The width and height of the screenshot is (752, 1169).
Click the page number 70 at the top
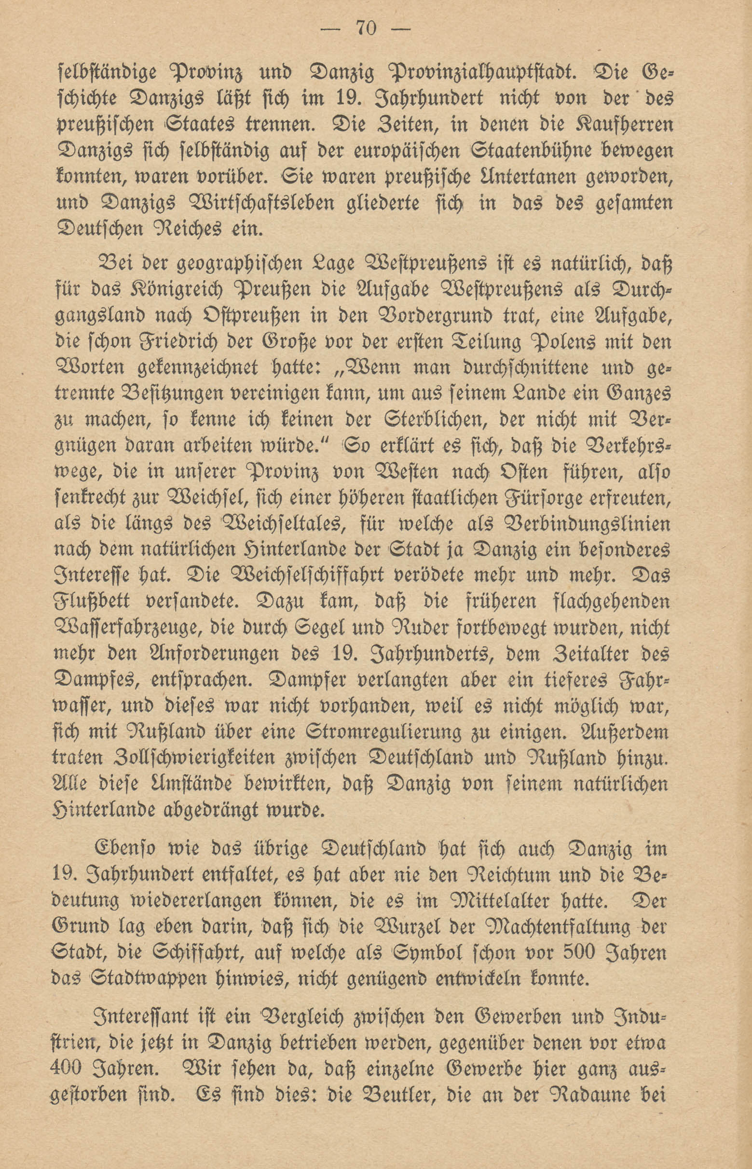pyautogui.click(x=366, y=29)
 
